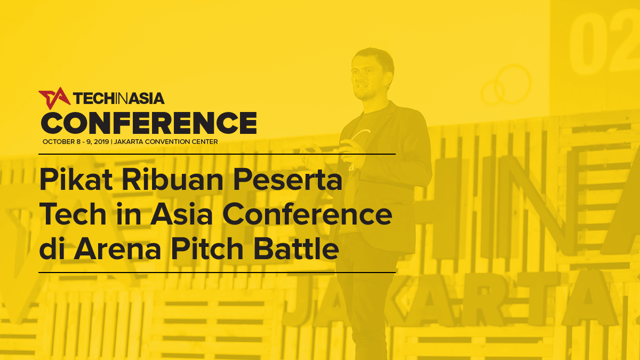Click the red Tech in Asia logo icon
pyautogui.click(x=54, y=98)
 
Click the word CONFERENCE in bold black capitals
pyautogui.click(x=149, y=123)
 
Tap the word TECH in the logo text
pyautogui.click(x=94, y=98)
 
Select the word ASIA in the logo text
pyautogui.click(x=146, y=98)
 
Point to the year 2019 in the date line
pyautogui.click(x=101, y=142)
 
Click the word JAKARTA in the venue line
pyautogui.click(x=129, y=142)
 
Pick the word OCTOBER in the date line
pyautogui.click(x=59, y=142)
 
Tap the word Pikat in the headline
pyautogui.click(x=76, y=179)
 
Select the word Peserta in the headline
pyautogui.click(x=287, y=179)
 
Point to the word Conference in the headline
pyautogui.click(x=307, y=214)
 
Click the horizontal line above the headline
pyautogui.click(x=217, y=154)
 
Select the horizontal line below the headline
pyautogui.click(x=217, y=273)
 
